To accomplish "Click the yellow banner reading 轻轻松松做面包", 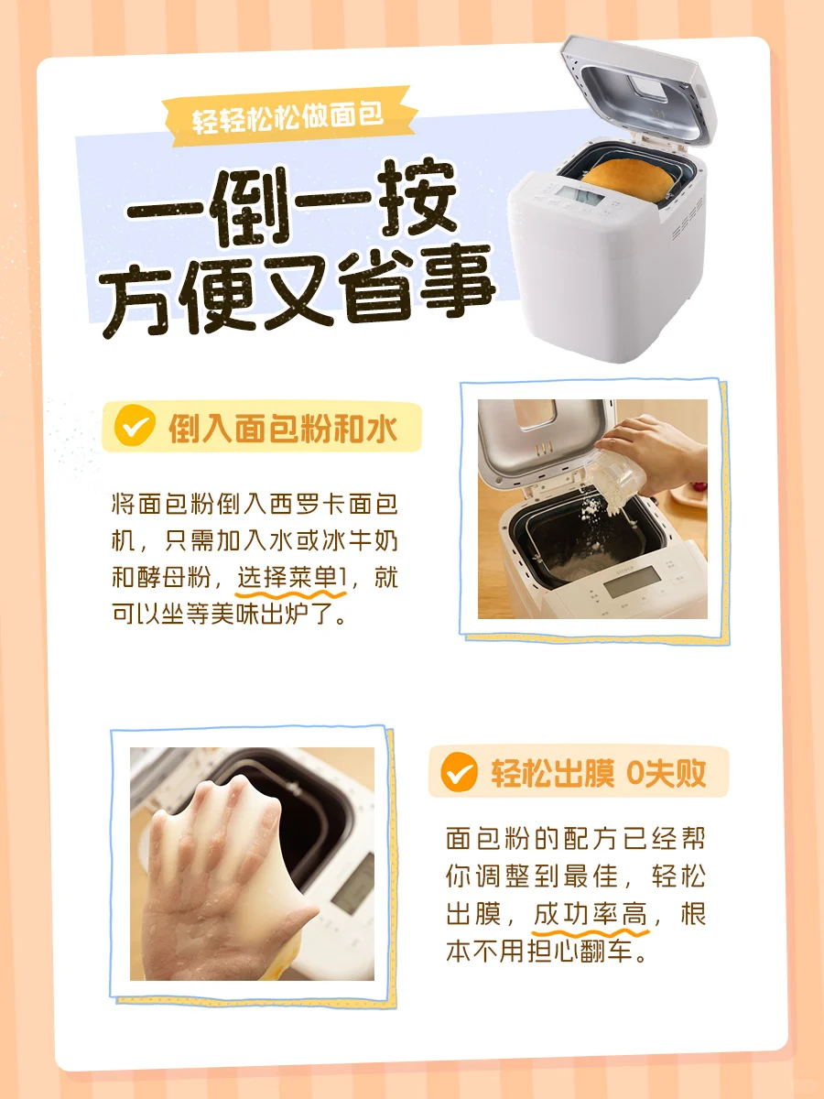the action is (x=290, y=116).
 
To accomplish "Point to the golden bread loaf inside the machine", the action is (x=628, y=180).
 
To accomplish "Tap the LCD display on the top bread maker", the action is (x=580, y=195).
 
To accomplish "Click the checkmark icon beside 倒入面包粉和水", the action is (x=134, y=426).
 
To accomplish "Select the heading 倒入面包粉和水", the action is (x=283, y=429).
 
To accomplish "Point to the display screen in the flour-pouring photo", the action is (x=632, y=582).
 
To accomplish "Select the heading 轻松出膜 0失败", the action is (x=598, y=773).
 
